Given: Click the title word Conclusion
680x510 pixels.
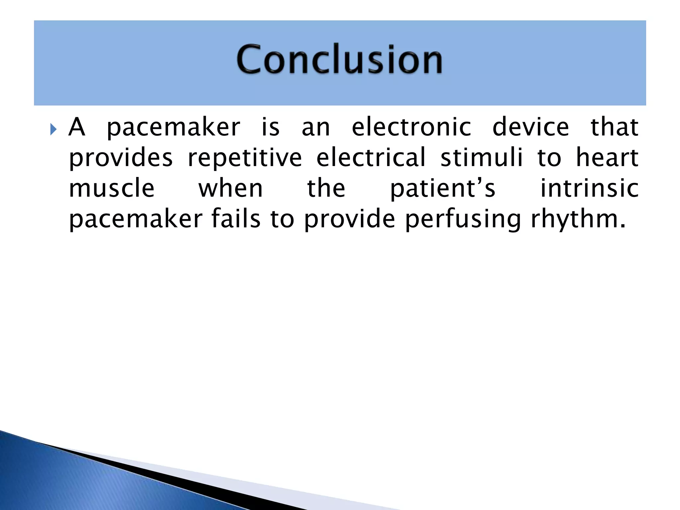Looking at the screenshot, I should coord(339,59).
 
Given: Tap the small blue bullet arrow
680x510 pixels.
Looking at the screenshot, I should coord(53,129).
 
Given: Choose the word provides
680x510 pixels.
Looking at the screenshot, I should coord(121,158).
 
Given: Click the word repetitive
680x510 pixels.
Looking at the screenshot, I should coord(245,158).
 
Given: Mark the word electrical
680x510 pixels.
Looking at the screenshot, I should coord(371,158).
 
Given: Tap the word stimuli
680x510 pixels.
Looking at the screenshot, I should coord(481,158).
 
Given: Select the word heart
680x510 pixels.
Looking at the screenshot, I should coord(607,158).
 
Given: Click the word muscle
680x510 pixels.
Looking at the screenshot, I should coord(112,189).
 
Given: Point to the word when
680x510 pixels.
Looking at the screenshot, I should coord(231,189).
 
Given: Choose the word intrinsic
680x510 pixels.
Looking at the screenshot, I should coord(589,189).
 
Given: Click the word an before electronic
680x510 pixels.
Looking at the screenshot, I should coord(316,128).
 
